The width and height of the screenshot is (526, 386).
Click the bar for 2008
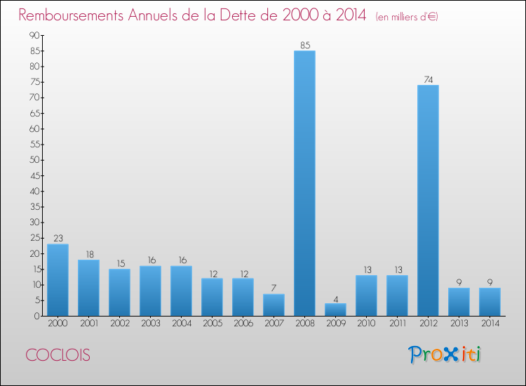pos(304,183)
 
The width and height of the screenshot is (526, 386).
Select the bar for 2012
pos(428,200)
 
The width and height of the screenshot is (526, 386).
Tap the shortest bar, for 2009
pos(335,310)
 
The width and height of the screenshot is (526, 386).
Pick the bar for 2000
pos(58,279)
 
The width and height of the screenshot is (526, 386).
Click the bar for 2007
pos(274,305)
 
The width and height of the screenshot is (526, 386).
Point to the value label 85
pos(304,46)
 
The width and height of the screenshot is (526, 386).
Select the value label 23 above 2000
pos(58,239)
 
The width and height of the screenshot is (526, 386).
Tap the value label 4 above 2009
pos(335,298)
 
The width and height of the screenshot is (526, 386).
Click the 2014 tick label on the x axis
pos(490,323)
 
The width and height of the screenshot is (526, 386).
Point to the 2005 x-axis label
pos(212,323)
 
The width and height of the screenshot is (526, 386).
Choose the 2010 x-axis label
pos(366,323)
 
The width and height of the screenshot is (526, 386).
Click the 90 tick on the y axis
pos(34,36)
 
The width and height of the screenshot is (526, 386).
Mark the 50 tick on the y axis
pos(34,160)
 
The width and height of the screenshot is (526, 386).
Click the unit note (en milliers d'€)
pos(407,17)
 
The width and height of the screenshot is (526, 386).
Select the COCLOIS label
pos(59,356)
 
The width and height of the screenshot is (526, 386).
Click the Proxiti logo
pos(445,354)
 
